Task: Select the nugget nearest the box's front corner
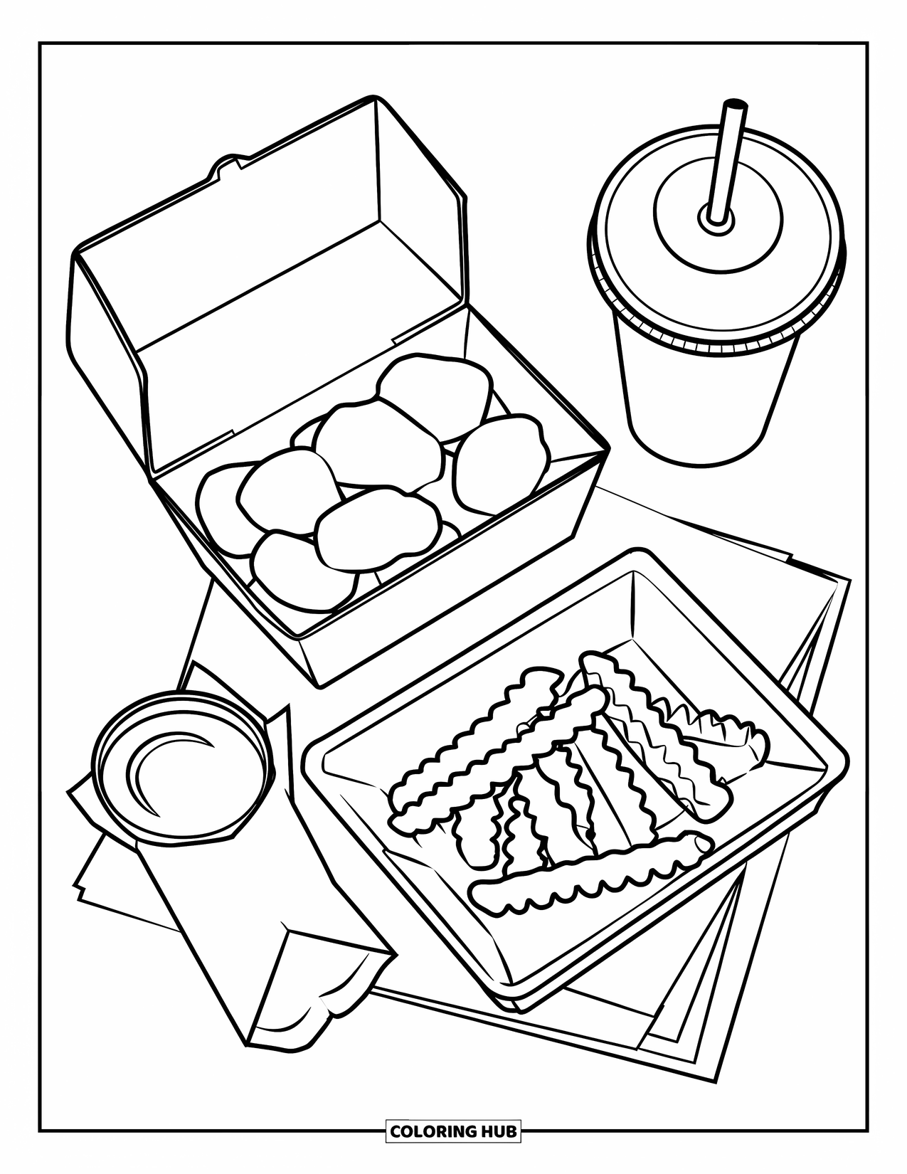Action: [x=302, y=573]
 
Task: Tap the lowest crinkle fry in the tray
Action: [x=590, y=875]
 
